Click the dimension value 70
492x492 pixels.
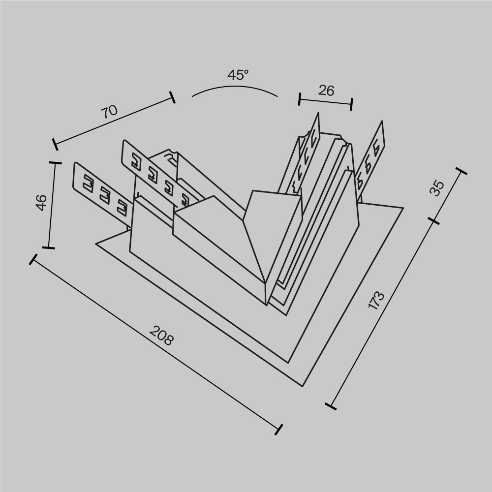[x=109, y=111]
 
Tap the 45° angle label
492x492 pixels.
[x=238, y=75]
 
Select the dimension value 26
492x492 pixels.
[x=326, y=91]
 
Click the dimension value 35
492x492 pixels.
[x=437, y=188]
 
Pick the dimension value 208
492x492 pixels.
[x=161, y=336]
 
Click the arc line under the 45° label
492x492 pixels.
[x=235, y=87]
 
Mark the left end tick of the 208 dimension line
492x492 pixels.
[x=33, y=260]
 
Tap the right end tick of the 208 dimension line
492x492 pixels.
[x=279, y=429]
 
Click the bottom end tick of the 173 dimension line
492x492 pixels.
[x=331, y=406]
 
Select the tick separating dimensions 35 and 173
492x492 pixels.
[x=433, y=221]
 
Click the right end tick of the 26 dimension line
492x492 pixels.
[x=351, y=104]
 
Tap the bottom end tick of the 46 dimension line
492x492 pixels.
[x=48, y=247]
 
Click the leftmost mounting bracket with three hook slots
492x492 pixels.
[x=101, y=189]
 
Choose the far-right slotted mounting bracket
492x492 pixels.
[x=372, y=160]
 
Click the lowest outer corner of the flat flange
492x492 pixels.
[x=302, y=386]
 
